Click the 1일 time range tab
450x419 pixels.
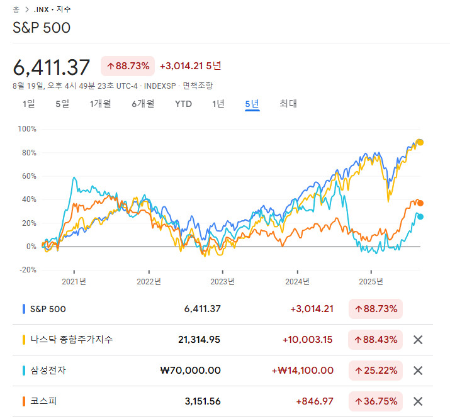(28, 104)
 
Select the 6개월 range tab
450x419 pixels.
(143, 104)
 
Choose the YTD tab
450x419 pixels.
(183, 104)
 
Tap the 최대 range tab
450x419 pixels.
(288, 104)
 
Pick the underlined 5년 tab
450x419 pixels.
(252, 104)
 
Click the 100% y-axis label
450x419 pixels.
(28, 129)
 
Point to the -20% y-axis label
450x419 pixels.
(28, 270)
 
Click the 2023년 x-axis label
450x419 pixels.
(222, 281)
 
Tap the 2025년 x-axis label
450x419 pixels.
(371, 281)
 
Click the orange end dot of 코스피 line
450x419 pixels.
(420, 203)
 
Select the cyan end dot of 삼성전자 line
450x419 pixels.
(420, 216)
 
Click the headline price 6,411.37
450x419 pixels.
(52, 67)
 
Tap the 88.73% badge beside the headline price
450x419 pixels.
(128, 66)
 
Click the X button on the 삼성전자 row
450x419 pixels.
(417, 371)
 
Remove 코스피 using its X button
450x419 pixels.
(417, 401)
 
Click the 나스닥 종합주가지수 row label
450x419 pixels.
(72, 340)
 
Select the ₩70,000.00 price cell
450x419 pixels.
(191, 371)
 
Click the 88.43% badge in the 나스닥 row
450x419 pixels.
(376, 340)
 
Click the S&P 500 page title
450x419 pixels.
(42, 28)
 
